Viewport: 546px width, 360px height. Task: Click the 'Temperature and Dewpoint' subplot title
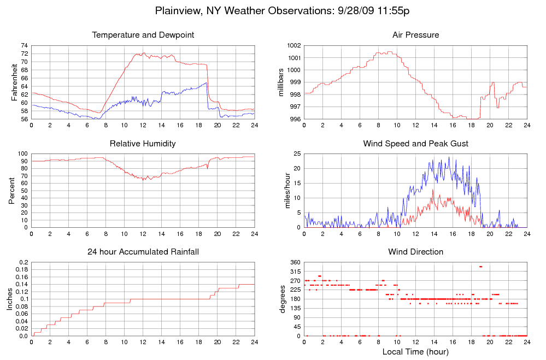(x=143, y=36)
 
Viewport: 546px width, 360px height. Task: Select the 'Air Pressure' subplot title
(x=415, y=36)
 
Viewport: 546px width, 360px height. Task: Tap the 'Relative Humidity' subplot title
(x=143, y=144)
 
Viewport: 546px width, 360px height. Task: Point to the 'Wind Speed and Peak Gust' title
(x=415, y=144)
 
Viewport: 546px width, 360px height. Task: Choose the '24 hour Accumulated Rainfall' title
(x=143, y=252)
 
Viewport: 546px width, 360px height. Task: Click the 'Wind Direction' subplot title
(x=415, y=252)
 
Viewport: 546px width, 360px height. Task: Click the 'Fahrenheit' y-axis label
(x=15, y=82)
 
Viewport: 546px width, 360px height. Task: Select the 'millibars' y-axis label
(x=281, y=82)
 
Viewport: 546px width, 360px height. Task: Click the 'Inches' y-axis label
(x=9, y=299)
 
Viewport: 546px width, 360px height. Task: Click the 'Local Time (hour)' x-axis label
(x=415, y=351)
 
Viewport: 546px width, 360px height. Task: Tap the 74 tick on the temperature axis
(x=24, y=45)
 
